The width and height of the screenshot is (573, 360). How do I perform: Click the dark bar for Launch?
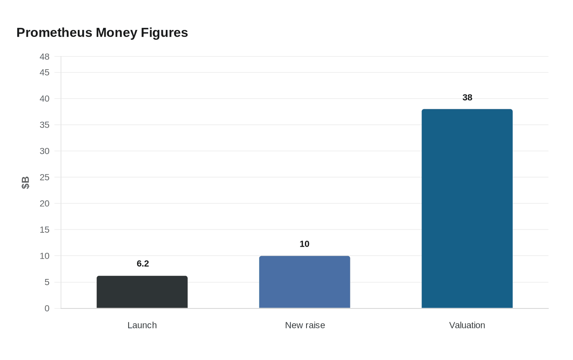tap(142, 292)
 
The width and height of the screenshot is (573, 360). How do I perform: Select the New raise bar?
tap(305, 282)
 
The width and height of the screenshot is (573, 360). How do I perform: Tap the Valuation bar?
tap(467, 209)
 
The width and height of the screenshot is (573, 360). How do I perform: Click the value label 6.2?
tap(143, 264)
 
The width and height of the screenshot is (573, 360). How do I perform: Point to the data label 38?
tap(467, 98)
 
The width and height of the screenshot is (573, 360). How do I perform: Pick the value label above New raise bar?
tap(305, 244)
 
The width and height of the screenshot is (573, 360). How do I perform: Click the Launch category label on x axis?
tap(142, 325)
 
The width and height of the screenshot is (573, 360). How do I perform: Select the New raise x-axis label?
tap(305, 325)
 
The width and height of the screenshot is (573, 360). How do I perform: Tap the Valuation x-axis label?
tap(467, 325)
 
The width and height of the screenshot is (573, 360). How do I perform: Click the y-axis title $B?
tap(25, 182)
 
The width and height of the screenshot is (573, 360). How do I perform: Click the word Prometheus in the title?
tap(54, 33)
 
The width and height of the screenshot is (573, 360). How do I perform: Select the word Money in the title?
tap(117, 33)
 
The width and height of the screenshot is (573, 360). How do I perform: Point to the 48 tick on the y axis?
tap(45, 57)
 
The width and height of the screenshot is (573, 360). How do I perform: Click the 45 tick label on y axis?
tap(45, 72)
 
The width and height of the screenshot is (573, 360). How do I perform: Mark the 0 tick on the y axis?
tap(47, 308)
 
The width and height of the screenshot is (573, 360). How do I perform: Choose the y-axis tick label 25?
tap(45, 178)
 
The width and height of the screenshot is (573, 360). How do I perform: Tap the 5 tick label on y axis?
tap(47, 282)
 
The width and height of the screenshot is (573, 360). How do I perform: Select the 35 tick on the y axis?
tap(45, 125)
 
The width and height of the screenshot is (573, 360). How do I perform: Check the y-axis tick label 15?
tap(45, 230)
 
